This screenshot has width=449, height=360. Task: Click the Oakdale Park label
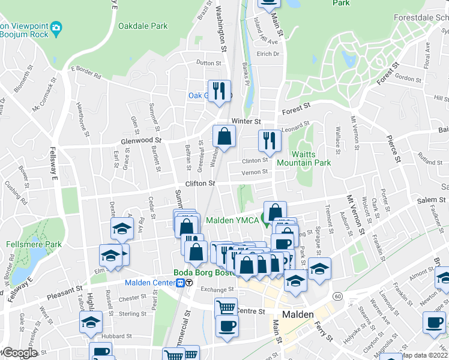tap(143, 26)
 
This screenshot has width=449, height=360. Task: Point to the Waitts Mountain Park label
tap(303, 158)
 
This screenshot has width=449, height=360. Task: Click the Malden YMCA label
tap(232, 220)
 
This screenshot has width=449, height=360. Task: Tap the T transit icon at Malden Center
tap(189, 283)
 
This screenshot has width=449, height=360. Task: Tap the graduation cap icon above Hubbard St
tap(91, 322)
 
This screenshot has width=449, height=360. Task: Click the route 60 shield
tap(339, 296)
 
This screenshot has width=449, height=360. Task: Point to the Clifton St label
tap(200, 183)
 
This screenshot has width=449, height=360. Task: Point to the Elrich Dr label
tap(268, 54)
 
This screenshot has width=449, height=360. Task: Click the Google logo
tap(19, 353)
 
